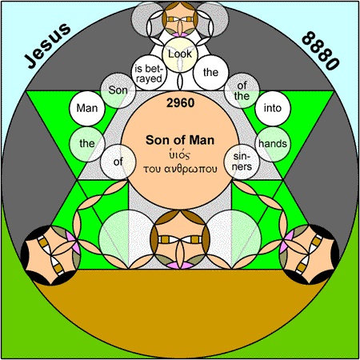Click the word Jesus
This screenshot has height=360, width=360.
coord(48,46)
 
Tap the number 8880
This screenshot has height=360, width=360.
coord(321,50)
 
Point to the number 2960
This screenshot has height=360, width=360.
coord(180,103)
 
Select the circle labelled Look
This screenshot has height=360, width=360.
coord(180,54)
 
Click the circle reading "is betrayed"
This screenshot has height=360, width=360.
coord(149,73)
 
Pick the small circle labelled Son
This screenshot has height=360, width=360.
coord(118,90)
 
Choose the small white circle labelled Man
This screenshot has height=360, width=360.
coord(87,108)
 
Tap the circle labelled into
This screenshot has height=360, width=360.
coord(273,108)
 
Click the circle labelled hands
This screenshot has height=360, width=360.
coord(273,144)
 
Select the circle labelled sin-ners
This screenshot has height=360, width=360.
coord(242,162)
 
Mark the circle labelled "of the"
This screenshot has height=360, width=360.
coord(242,90)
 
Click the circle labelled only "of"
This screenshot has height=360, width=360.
coord(118,162)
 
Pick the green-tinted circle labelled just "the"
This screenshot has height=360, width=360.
coord(87,144)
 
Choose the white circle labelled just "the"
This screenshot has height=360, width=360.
coord(210,73)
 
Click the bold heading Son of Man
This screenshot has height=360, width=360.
coord(180,140)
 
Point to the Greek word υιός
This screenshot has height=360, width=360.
coord(180,154)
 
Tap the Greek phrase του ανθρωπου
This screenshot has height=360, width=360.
coord(180,169)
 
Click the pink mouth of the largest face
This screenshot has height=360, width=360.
coord(180,265)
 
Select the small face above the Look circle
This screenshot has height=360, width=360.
coord(180,19)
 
